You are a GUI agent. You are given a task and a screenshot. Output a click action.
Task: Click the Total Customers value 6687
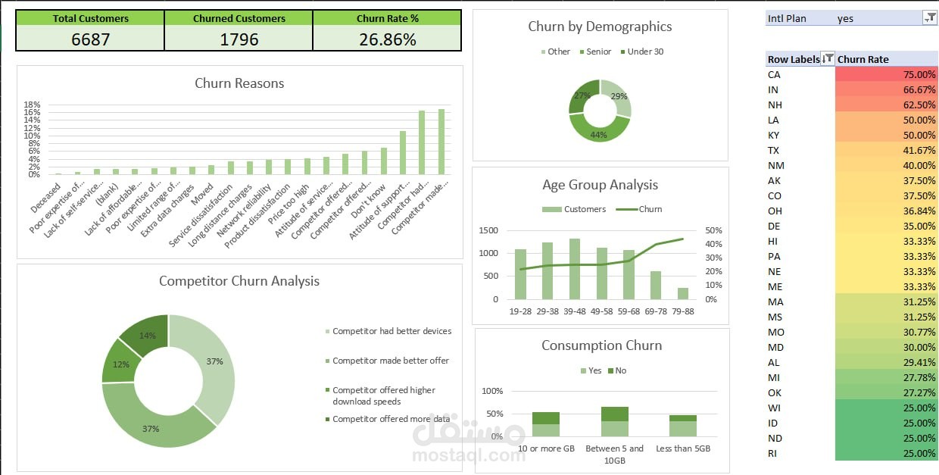pyautogui.click(x=90, y=39)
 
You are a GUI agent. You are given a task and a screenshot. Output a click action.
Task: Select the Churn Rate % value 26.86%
pyautogui.click(x=387, y=39)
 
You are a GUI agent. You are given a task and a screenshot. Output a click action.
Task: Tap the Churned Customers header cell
pyautogui.click(x=239, y=18)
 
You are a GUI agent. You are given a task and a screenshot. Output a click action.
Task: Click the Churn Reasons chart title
pyautogui.click(x=239, y=83)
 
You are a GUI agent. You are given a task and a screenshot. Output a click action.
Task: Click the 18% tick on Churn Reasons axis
pyautogui.click(x=32, y=105)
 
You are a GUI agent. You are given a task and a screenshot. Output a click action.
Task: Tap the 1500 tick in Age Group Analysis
pyautogui.click(x=488, y=230)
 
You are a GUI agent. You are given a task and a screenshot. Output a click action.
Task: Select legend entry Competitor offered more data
pyautogui.click(x=391, y=419)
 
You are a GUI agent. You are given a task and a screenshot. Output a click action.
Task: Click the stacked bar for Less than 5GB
pyautogui.click(x=683, y=426)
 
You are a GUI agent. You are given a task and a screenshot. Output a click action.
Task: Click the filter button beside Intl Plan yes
pyautogui.click(x=930, y=18)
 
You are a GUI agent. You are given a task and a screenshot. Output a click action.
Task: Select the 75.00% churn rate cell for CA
pyautogui.click(x=887, y=74)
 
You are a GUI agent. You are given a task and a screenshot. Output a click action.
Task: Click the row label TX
pyautogui.click(x=774, y=150)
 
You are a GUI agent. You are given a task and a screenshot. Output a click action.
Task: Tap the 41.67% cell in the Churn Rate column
pyautogui.click(x=887, y=150)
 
